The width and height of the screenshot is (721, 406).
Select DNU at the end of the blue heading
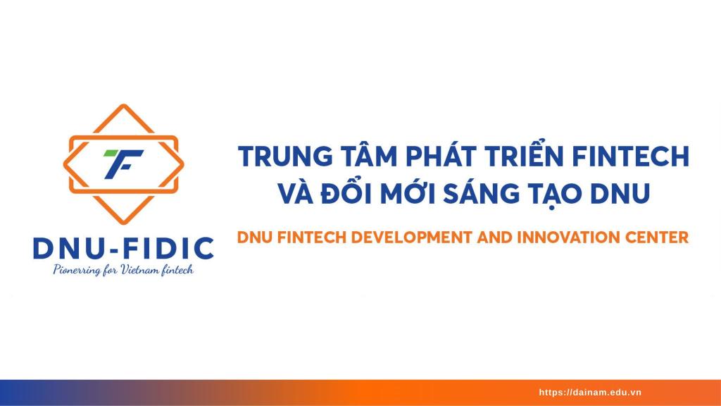[621, 194]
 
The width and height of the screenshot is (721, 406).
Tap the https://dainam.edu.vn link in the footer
[590, 393]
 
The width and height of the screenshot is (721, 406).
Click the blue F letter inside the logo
[123, 164]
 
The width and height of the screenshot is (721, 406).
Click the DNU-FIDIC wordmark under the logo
[123, 248]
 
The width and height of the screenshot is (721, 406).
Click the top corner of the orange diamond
[123, 105]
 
